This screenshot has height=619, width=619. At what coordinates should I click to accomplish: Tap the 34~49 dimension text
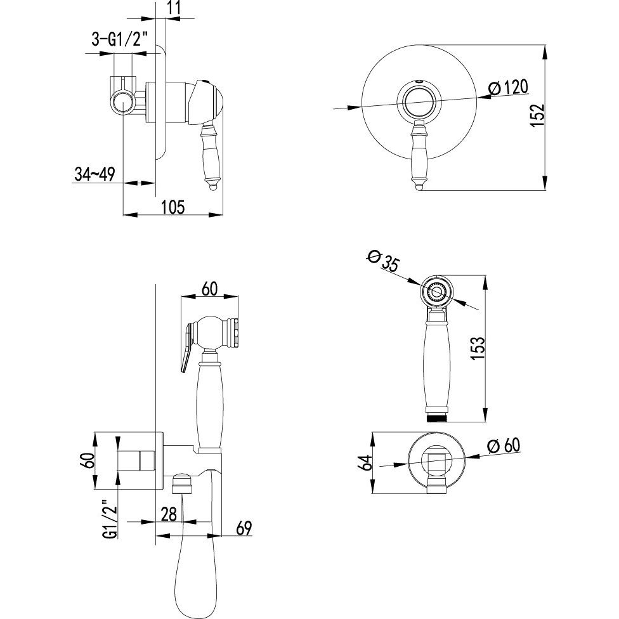pos(94,174)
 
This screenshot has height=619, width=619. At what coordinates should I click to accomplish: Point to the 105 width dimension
pos(173,207)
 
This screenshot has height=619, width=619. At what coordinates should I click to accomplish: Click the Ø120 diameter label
pos(507,88)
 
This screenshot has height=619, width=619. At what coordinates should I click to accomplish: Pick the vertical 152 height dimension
pos(537,115)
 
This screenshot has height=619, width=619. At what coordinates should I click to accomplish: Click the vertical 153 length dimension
pos(478,348)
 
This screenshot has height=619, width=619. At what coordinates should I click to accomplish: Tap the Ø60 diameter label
pos(504,446)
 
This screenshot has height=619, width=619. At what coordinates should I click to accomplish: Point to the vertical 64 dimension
pos(367,463)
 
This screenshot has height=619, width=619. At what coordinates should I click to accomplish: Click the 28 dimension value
pos(169,515)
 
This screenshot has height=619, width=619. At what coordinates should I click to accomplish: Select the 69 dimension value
pos(244,528)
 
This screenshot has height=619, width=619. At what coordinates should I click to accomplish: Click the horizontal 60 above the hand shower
pos(209,289)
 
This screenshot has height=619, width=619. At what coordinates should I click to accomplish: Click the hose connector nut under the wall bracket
pos(183,483)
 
